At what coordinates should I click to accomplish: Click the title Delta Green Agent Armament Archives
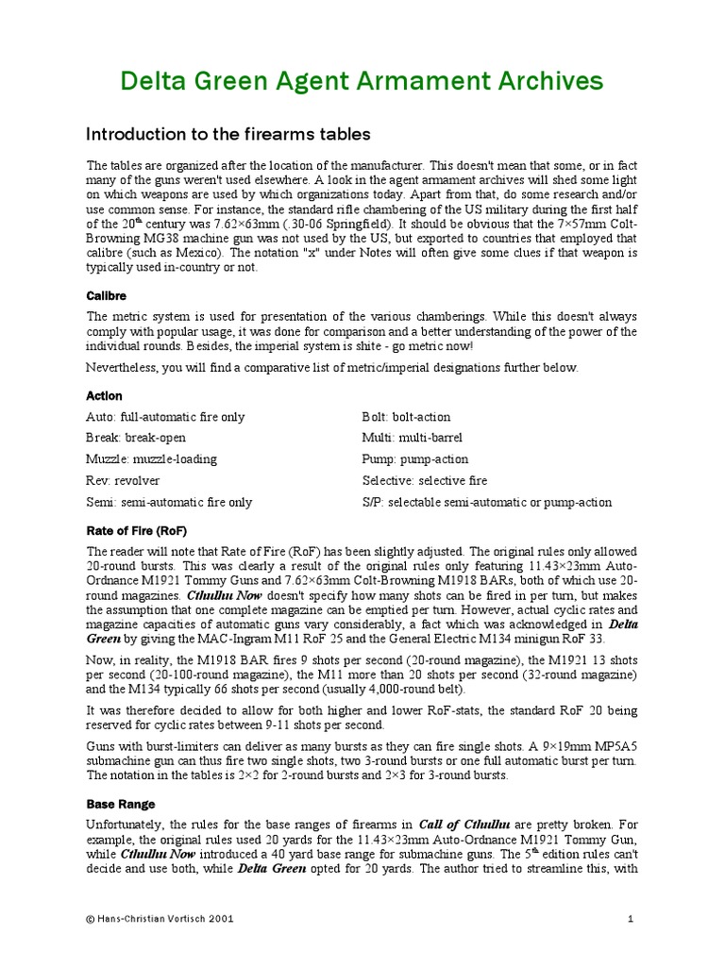[x=362, y=81]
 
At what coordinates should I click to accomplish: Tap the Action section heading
[x=104, y=395]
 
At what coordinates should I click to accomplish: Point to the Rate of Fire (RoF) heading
[x=138, y=531]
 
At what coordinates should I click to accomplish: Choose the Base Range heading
[x=119, y=805]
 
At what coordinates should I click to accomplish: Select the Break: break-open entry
[x=136, y=438]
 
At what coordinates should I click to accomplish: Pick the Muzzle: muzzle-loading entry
[x=151, y=459]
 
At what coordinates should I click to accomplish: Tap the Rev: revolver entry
[x=124, y=481]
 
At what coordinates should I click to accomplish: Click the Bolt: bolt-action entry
[x=406, y=417]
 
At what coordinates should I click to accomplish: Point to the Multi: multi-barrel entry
[x=412, y=438]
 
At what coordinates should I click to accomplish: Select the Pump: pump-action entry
[x=414, y=459]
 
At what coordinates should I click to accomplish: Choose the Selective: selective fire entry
[x=425, y=481]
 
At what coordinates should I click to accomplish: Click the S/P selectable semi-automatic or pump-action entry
[x=486, y=503]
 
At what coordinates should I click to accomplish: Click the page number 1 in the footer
[x=629, y=917]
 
